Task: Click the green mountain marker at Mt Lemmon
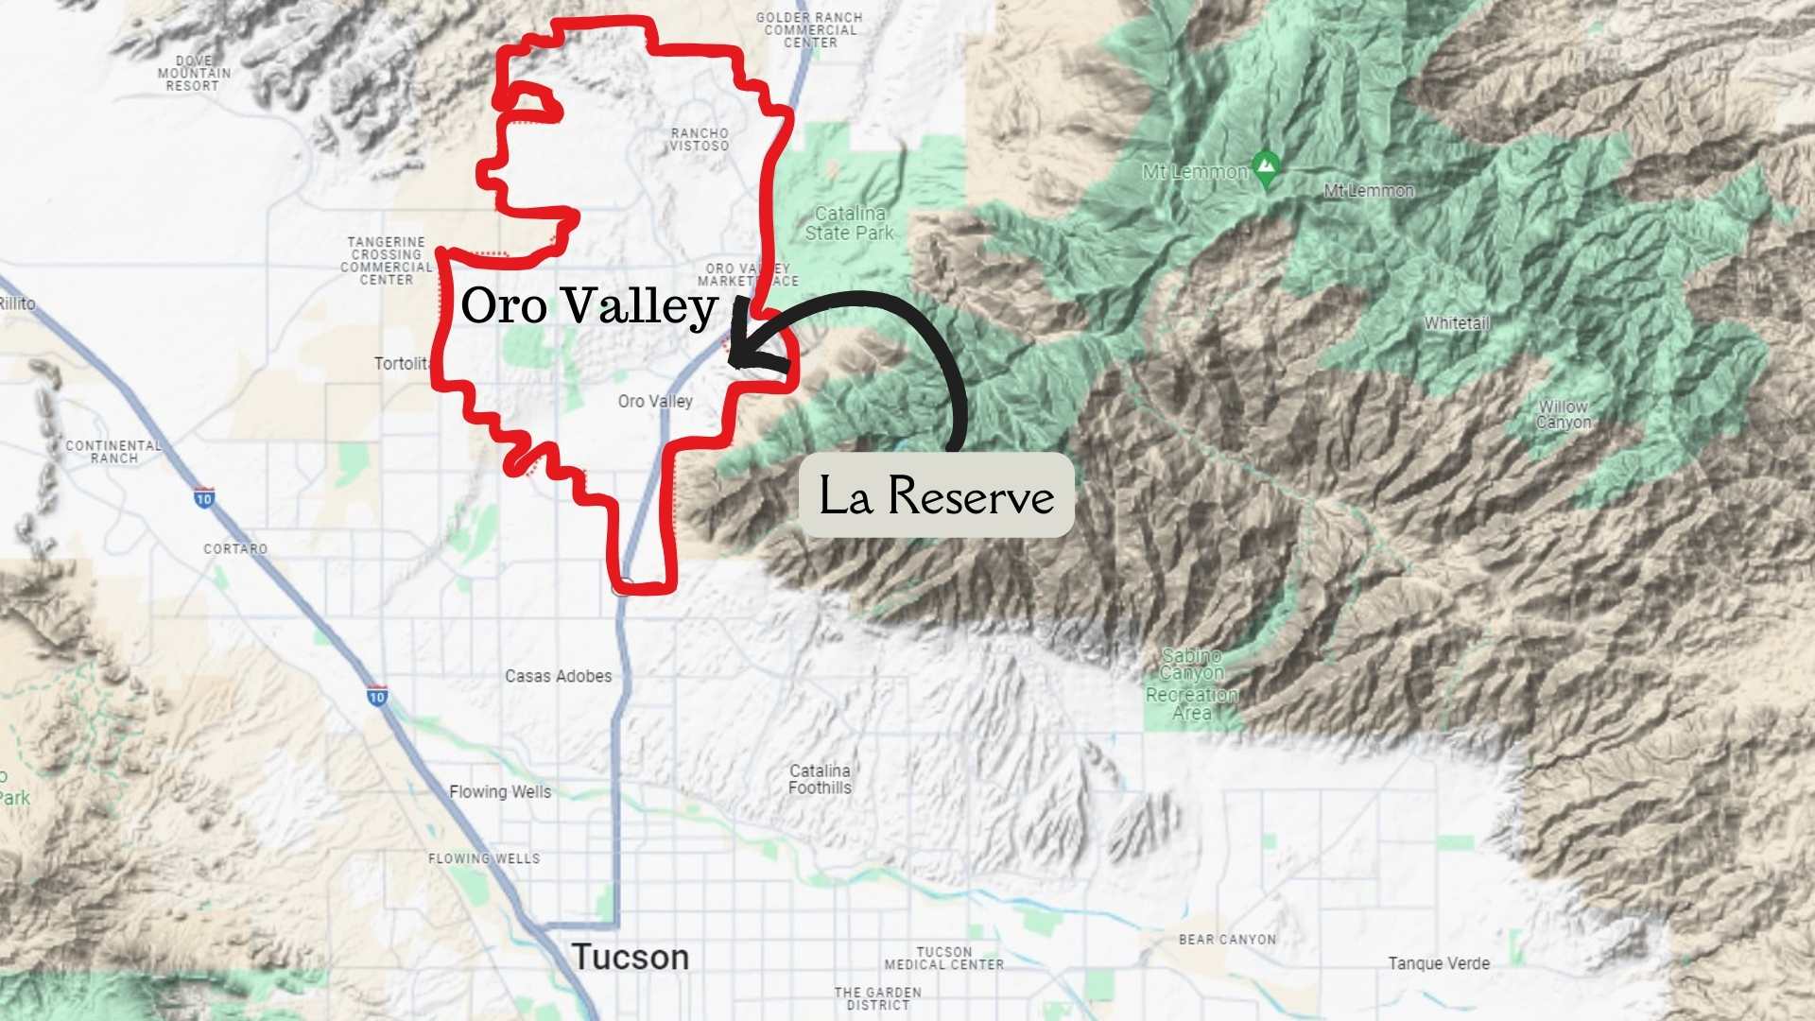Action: (1266, 168)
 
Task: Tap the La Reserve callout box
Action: (936, 495)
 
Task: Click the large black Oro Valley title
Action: (589, 305)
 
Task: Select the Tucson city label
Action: (630, 957)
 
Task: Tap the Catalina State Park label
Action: (849, 223)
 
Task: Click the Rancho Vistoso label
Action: (700, 140)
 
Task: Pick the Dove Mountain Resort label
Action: (194, 73)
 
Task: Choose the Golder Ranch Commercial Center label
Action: (809, 30)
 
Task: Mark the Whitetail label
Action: (1457, 323)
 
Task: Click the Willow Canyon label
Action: (1564, 414)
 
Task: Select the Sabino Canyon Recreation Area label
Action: (1192, 684)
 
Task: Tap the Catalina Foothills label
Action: (820, 779)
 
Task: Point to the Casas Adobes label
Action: (558, 676)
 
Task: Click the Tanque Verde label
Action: (1439, 963)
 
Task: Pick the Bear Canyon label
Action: (1227, 939)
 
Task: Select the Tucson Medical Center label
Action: (943, 958)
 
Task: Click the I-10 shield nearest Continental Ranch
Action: (204, 497)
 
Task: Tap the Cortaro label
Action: (235, 548)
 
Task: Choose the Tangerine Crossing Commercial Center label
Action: (387, 261)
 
